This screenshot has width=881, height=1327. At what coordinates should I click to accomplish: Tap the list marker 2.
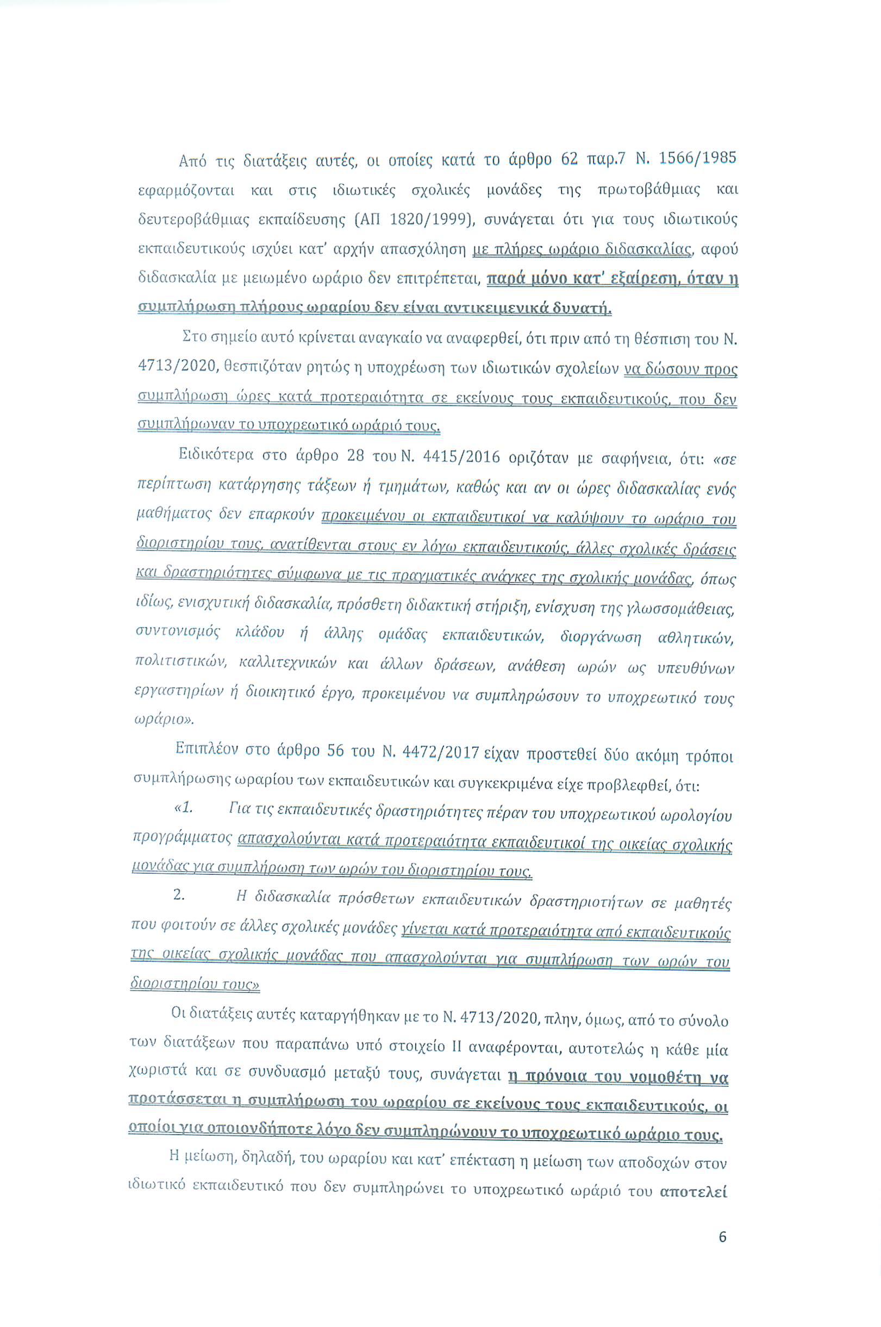point(179,895)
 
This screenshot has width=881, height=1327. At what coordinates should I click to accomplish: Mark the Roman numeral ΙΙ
point(457,1047)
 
